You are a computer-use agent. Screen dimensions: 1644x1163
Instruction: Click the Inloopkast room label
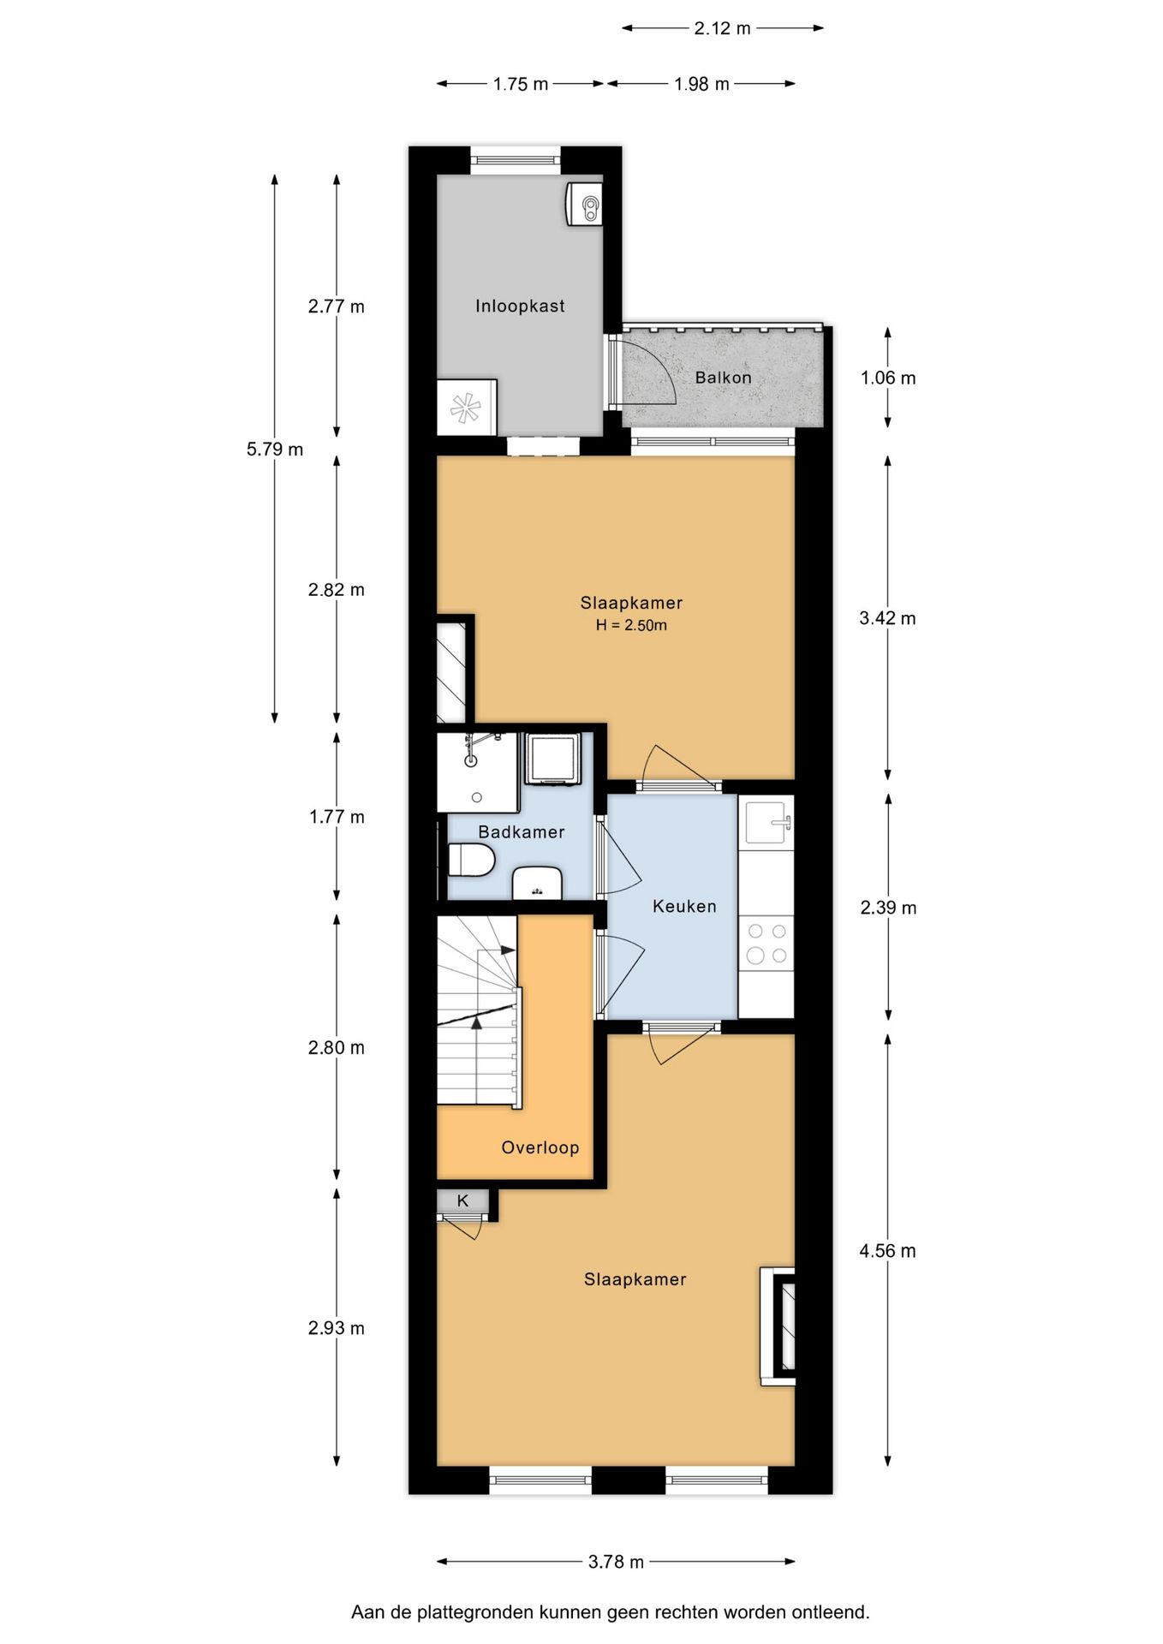[520, 306]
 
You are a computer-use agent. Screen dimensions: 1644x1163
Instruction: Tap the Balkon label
[723, 378]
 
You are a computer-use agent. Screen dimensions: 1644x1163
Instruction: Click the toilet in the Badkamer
[472, 860]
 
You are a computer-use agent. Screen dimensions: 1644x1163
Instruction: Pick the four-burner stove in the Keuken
[766, 943]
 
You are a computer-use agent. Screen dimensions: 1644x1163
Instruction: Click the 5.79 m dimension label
[274, 449]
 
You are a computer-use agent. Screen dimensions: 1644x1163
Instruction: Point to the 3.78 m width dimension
[616, 1561]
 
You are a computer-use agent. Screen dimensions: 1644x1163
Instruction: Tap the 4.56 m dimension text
[887, 1250]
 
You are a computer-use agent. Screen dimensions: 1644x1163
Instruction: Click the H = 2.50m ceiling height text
[631, 625]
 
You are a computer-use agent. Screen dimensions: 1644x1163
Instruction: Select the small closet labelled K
[463, 1200]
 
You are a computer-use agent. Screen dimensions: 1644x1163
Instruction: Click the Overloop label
[540, 1147]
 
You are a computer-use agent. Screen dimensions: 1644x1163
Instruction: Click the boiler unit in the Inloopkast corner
[584, 205]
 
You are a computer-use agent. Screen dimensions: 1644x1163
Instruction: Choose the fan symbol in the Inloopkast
[466, 408]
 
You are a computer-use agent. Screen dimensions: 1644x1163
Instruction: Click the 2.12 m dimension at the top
[722, 28]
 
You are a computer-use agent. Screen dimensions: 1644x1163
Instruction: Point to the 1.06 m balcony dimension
[887, 378]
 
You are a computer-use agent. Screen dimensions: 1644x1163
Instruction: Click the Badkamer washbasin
[537, 883]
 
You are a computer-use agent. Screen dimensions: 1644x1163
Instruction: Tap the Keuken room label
[683, 906]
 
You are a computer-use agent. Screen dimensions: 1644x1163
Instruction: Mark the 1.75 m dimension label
[520, 84]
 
